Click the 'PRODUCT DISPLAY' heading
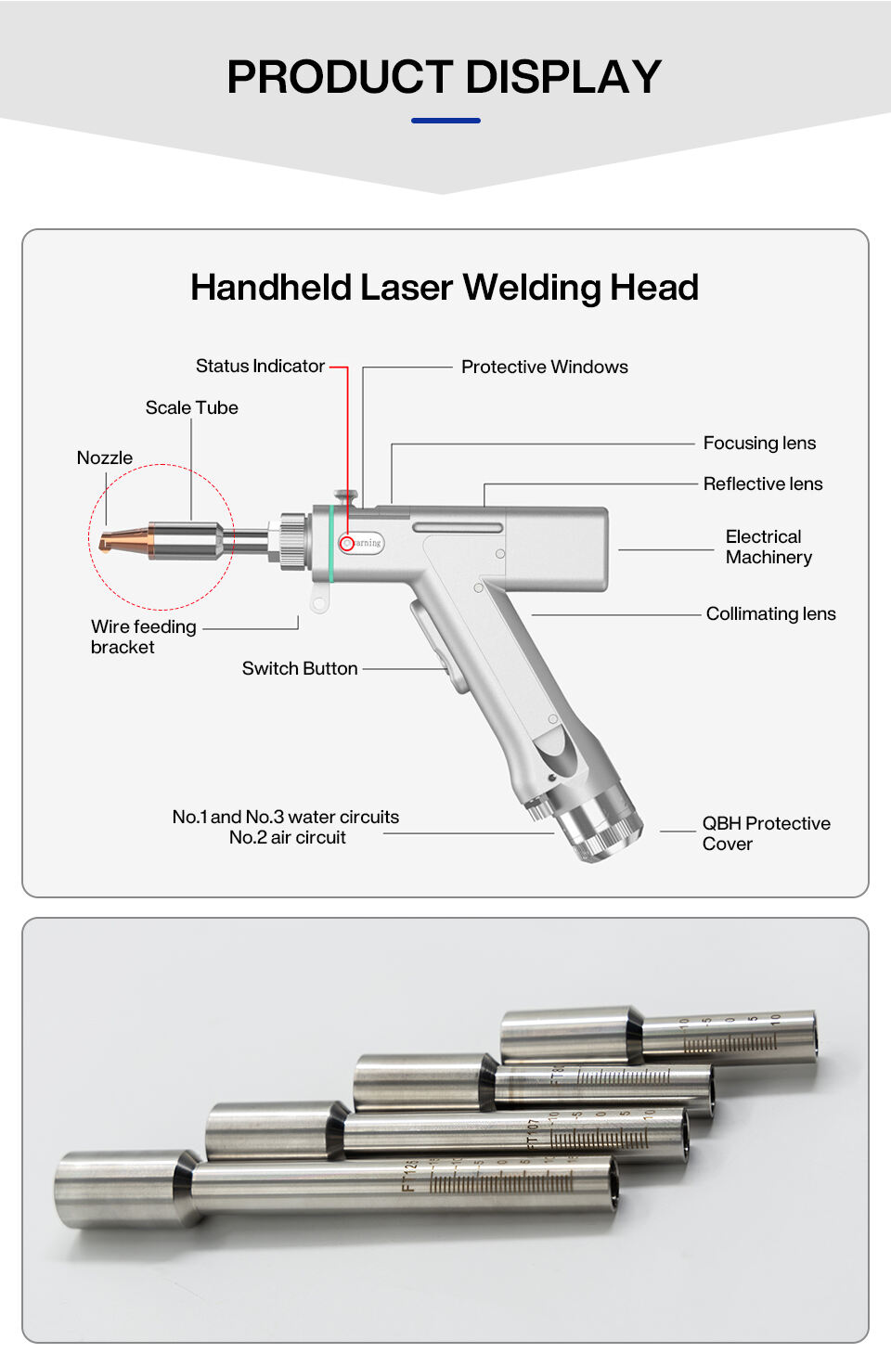[444, 77]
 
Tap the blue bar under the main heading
[445, 121]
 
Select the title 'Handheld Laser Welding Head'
[444, 288]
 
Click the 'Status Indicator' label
[260, 367]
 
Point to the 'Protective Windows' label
[544, 367]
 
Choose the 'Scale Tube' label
[191, 408]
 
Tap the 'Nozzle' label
[104, 458]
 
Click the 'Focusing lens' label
[759, 444]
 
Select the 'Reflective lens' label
[762, 484]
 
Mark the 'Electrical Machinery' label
[768, 548]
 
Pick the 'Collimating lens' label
[770, 614]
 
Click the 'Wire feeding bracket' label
[143, 638]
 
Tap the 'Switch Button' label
[299, 669]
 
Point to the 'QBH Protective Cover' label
[765, 833]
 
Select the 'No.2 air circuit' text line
[287, 838]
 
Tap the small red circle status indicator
[346, 543]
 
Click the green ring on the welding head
[330, 544]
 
